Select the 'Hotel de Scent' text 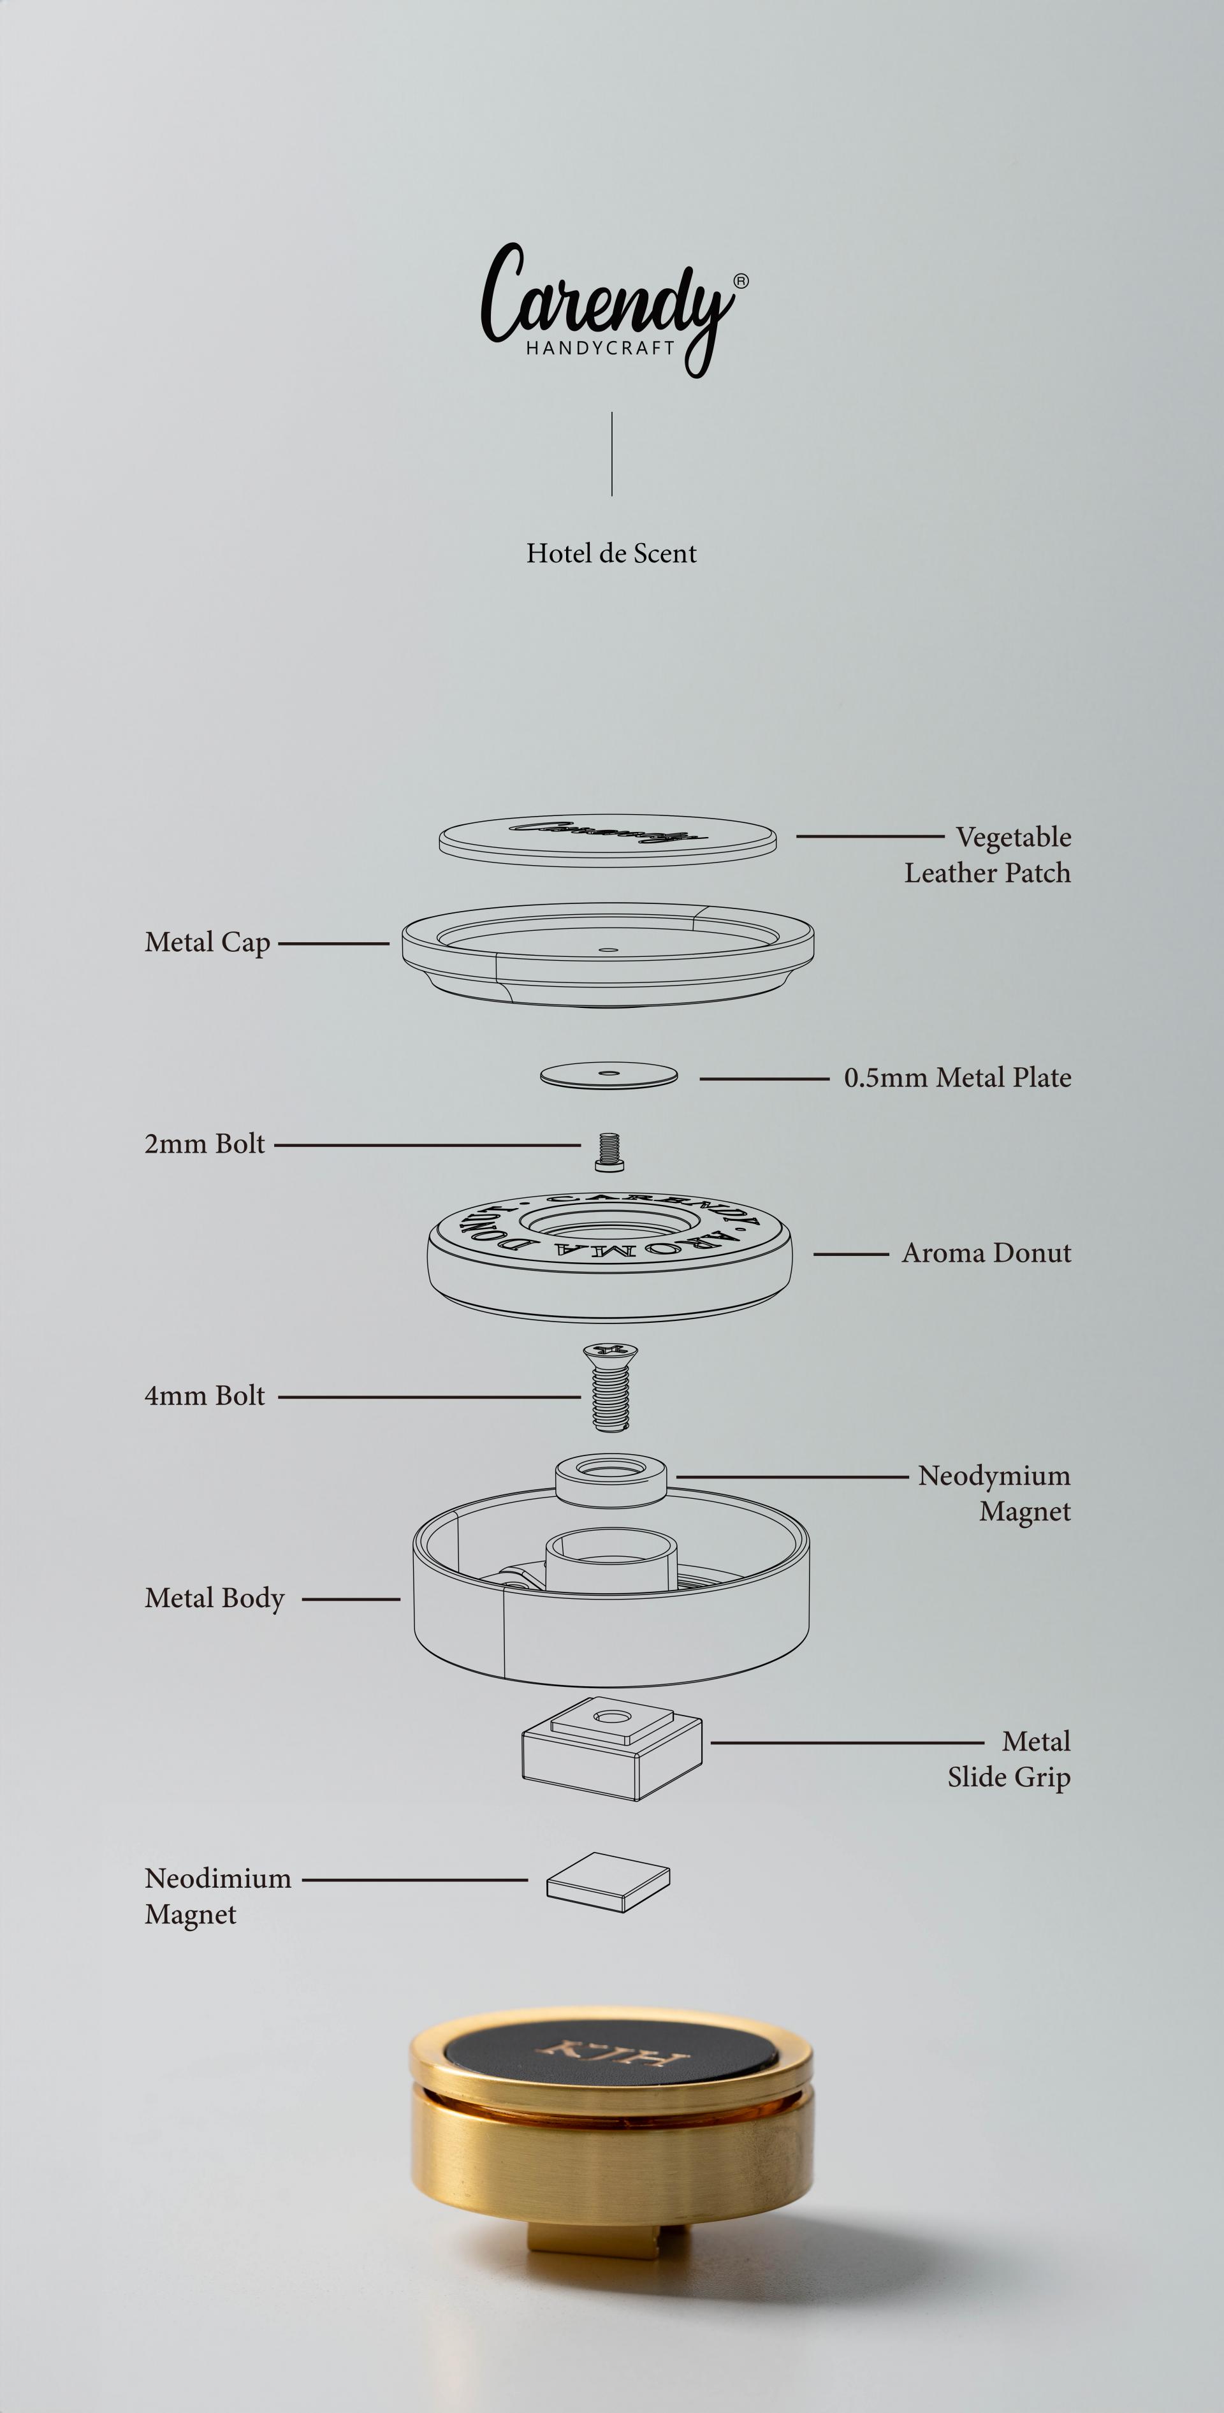(x=611, y=553)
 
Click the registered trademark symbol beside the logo (x=741, y=280)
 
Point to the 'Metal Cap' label (x=208, y=942)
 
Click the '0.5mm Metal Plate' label (x=957, y=1078)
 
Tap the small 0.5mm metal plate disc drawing (x=609, y=1075)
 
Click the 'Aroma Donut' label (x=986, y=1253)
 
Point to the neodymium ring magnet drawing (x=611, y=1480)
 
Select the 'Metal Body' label (x=214, y=1599)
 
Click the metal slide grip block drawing (x=611, y=1748)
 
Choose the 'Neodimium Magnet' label (x=218, y=1896)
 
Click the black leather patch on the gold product (x=611, y=2058)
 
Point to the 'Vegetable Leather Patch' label (x=988, y=854)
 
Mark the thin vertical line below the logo (x=611, y=453)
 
